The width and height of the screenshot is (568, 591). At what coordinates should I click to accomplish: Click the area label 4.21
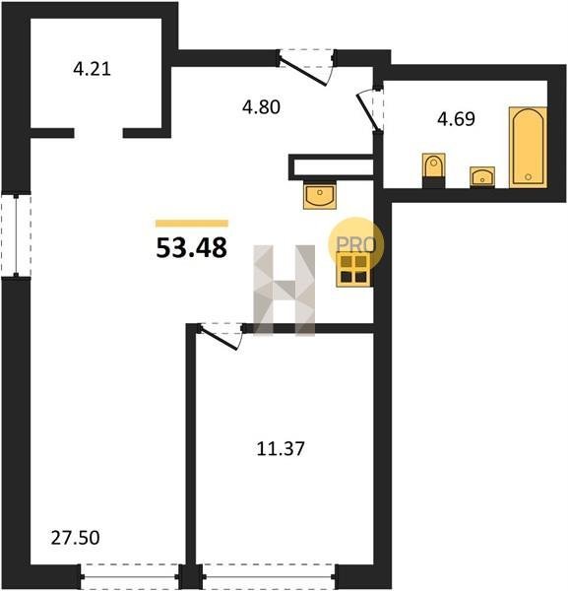tap(92, 69)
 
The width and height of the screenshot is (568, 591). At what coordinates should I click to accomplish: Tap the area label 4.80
tap(261, 107)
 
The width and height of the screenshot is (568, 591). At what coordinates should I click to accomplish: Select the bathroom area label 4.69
tap(456, 119)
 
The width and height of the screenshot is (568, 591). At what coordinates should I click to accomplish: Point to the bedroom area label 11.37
tap(281, 449)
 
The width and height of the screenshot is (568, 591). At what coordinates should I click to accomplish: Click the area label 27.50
tap(76, 538)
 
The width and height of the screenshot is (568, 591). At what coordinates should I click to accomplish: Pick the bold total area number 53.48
tap(192, 247)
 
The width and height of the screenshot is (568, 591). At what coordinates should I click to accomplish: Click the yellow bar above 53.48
tap(192, 224)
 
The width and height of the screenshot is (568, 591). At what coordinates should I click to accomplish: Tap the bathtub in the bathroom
tap(528, 148)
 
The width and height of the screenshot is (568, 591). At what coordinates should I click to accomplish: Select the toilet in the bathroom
tap(433, 170)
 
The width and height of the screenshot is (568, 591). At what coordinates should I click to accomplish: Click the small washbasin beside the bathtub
tap(482, 176)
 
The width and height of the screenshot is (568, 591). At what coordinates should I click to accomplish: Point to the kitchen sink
tap(320, 195)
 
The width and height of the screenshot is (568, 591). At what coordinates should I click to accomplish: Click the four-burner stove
tap(353, 269)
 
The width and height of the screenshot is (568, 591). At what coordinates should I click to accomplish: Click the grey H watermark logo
tap(284, 291)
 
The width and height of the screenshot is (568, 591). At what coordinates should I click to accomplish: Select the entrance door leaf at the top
tap(303, 71)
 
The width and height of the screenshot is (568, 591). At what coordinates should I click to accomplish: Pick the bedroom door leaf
tap(220, 339)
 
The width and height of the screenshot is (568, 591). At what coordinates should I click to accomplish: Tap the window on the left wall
tap(16, 235)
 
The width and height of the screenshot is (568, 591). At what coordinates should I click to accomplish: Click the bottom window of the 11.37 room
tap(269, 576)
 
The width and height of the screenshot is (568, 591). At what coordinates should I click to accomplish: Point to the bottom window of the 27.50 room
tap(130, 576)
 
